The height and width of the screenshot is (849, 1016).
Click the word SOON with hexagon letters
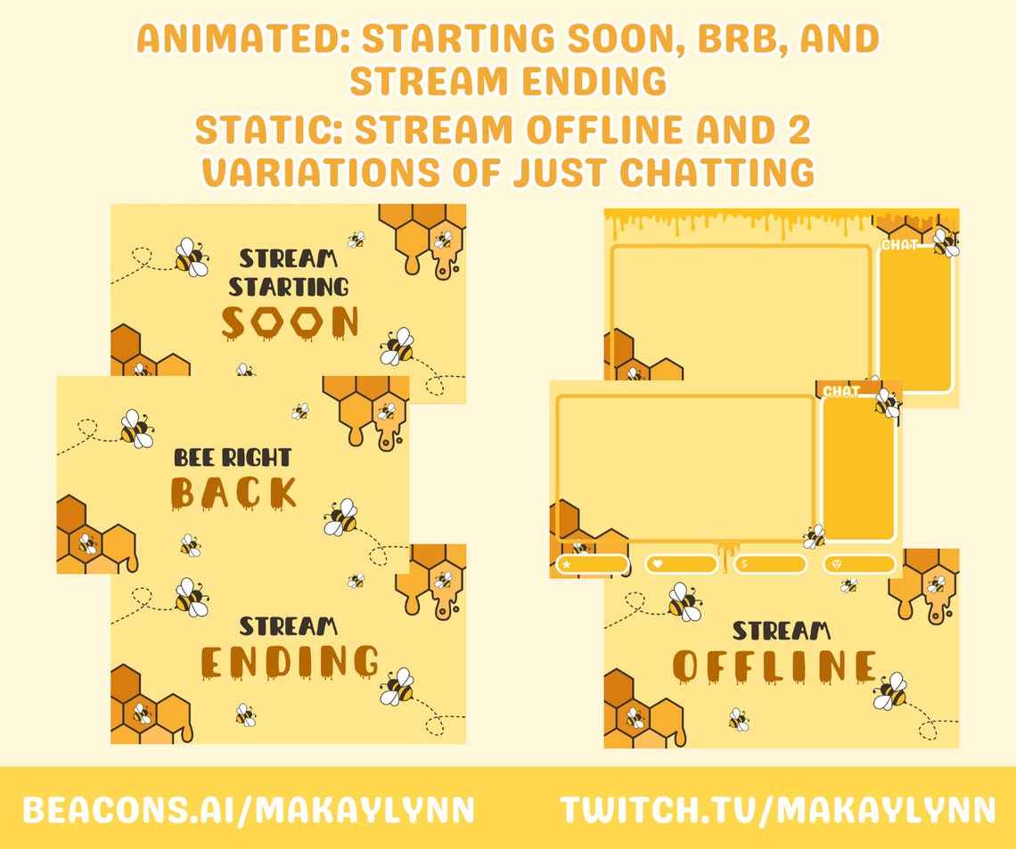pos(291,322)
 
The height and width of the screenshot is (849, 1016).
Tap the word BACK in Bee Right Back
pos(234,493)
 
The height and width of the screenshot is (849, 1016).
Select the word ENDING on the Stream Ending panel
pos(290,662)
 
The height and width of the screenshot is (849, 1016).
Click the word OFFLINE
pos(774,666)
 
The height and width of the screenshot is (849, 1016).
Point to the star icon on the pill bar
pos(567,564)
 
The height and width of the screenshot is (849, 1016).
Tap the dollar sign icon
pos(745,564)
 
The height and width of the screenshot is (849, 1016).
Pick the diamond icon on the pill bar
pos(835,564)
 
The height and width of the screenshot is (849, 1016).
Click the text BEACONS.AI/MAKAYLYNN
pos(249,810)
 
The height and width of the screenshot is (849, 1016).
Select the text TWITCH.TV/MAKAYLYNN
pos(777,810)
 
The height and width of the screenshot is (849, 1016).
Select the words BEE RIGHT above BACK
pos(233,458)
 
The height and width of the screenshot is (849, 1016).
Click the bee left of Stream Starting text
pos(191,257)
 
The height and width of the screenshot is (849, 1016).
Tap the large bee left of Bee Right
pos(136,429)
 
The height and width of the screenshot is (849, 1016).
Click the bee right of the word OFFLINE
pos(889,691)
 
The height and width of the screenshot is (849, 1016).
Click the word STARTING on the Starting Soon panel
pos(289,287)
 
